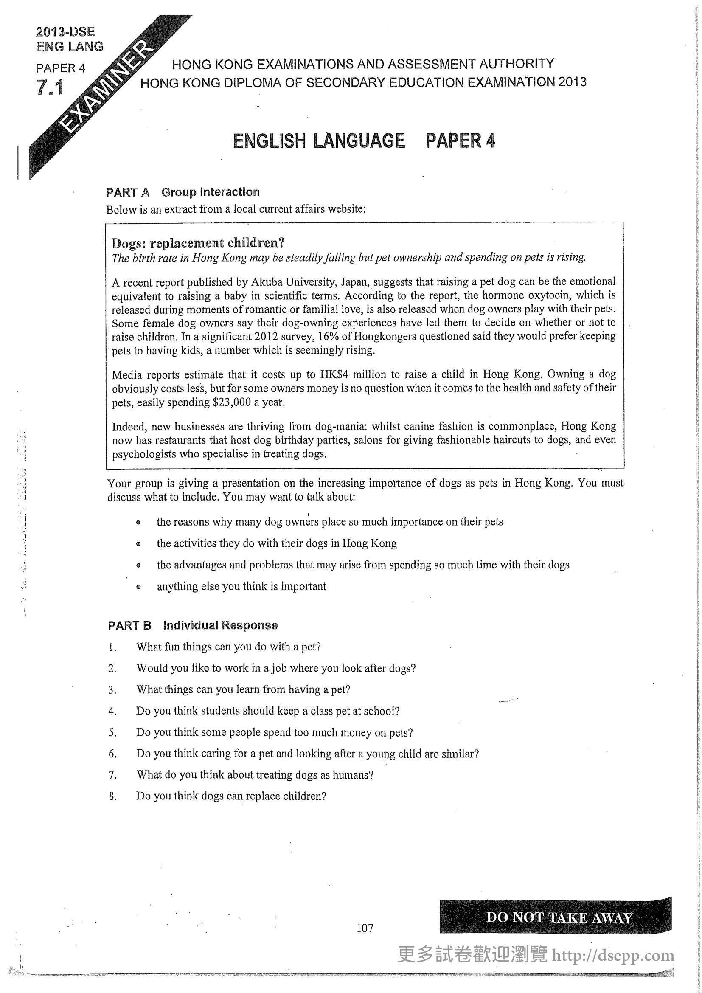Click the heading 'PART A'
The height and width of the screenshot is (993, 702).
(x=128, y=192)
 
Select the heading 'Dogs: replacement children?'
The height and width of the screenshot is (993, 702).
(x=198, y=243)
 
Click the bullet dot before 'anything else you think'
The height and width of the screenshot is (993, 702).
(x=138, y=587)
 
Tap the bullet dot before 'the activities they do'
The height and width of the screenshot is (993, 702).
(x=138, y=544)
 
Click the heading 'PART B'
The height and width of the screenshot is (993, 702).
(x=129, y=625)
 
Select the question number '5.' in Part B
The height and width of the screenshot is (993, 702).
(x=112, y=733)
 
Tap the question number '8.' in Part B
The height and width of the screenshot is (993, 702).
(x=112, y=796)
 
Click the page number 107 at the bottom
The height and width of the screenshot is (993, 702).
(x=365, y=928)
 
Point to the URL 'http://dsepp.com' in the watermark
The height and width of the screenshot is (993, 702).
(x=613, y=955)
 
